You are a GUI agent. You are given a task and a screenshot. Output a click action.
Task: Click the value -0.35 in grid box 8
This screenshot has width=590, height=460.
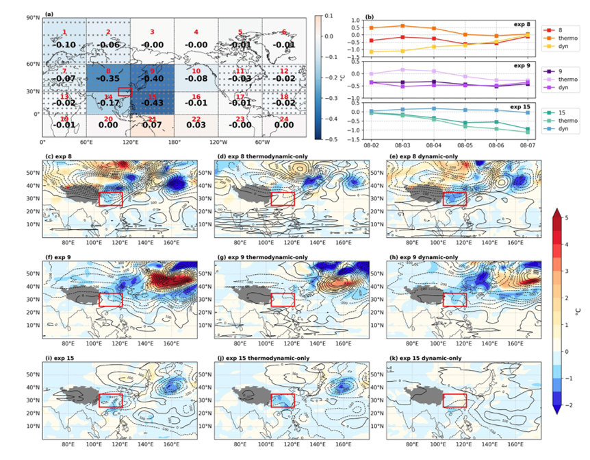tap(108, 78)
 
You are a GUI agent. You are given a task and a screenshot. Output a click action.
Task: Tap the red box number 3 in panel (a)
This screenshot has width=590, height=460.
tap(152, 32)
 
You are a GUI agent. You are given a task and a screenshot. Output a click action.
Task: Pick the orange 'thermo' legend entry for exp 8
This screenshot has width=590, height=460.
tap(564, 40)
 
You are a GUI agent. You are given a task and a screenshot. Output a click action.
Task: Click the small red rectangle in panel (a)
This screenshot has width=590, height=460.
tap(125, 91)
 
